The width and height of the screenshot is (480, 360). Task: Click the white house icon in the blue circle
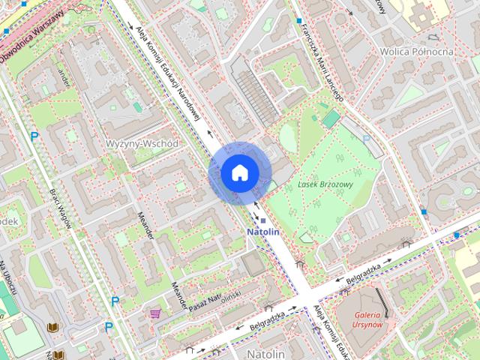[x=239, y=172]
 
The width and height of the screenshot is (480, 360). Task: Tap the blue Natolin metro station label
[x=263, y=232]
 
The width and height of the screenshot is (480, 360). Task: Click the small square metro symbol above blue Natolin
[x=263, y=220]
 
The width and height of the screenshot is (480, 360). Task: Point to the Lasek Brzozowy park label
[x=325, y=183]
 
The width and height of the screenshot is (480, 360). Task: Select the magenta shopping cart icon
[x=155, y=313]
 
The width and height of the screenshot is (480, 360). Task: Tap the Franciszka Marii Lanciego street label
[x=320, y=60]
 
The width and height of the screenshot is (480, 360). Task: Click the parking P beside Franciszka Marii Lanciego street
[x=366, y=139]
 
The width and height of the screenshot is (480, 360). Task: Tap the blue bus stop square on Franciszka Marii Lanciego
[x=298, y=20]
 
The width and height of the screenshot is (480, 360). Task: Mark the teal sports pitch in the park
[x=330, y=118]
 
